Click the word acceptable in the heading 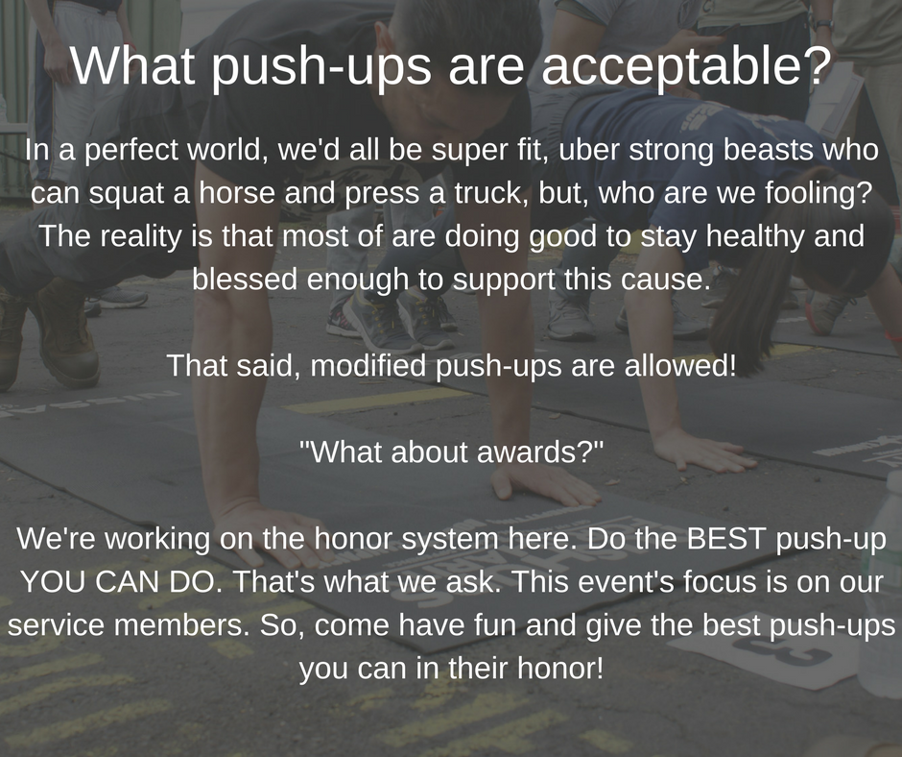[684, 65]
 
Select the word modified [369, 365]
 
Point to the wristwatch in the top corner [823, 25]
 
